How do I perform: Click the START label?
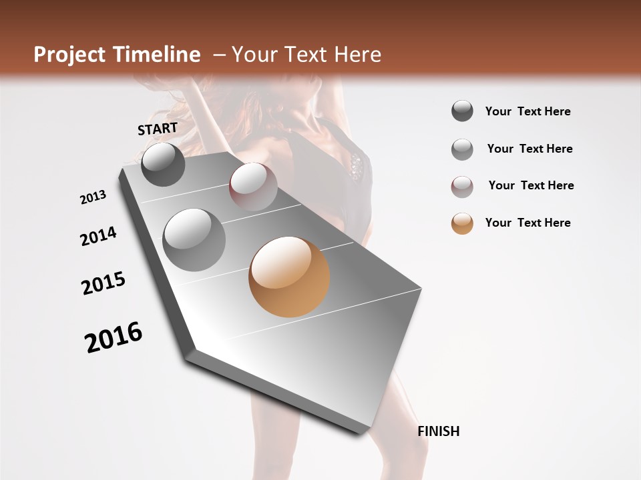point(158,129)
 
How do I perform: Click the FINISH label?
point(439,431)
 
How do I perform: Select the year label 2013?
point(93,197)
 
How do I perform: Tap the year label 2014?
point(98,236)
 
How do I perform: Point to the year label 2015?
point(103,283)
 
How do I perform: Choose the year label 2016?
point(114,337)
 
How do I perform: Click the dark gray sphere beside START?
point(163,164)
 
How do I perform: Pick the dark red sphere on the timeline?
point(253,187)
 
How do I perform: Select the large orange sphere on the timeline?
point(289,277)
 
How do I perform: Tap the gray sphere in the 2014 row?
point(194,240)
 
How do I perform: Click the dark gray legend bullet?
point(462,111)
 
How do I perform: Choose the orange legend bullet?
point(462,223)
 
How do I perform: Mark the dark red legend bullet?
point(462,187)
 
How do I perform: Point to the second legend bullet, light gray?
point(462,149)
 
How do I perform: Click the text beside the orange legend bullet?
point(527,223)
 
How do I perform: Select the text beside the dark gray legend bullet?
point(527,111)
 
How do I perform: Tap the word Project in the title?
point(69,55)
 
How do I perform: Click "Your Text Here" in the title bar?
point(306,55)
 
